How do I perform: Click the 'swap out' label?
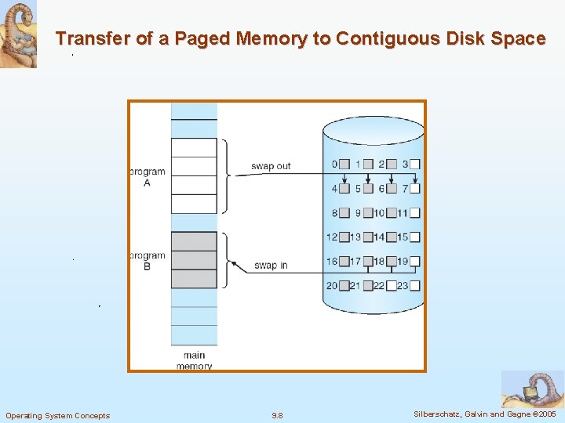tap(271, 166)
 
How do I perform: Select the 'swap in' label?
tap(271, 266)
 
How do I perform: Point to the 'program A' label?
tap(147, 177)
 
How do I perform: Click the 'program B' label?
tap(147, 261)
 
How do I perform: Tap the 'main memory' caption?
tap(194, 360)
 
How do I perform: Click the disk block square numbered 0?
tap(344, 164)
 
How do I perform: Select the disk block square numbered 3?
tap(415, 164)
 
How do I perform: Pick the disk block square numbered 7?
tap(415, 189)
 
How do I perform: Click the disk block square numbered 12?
tap(344, 237)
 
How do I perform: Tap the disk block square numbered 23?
tap(415, 286)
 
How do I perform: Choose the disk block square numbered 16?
tap(344, 262)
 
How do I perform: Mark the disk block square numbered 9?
tap(368, 213)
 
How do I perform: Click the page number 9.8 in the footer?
tap(277, 415)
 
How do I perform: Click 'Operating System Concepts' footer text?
tap(58, 415)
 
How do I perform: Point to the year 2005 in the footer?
tap(546, 414)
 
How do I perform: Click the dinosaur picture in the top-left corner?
tap(18, 34)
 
